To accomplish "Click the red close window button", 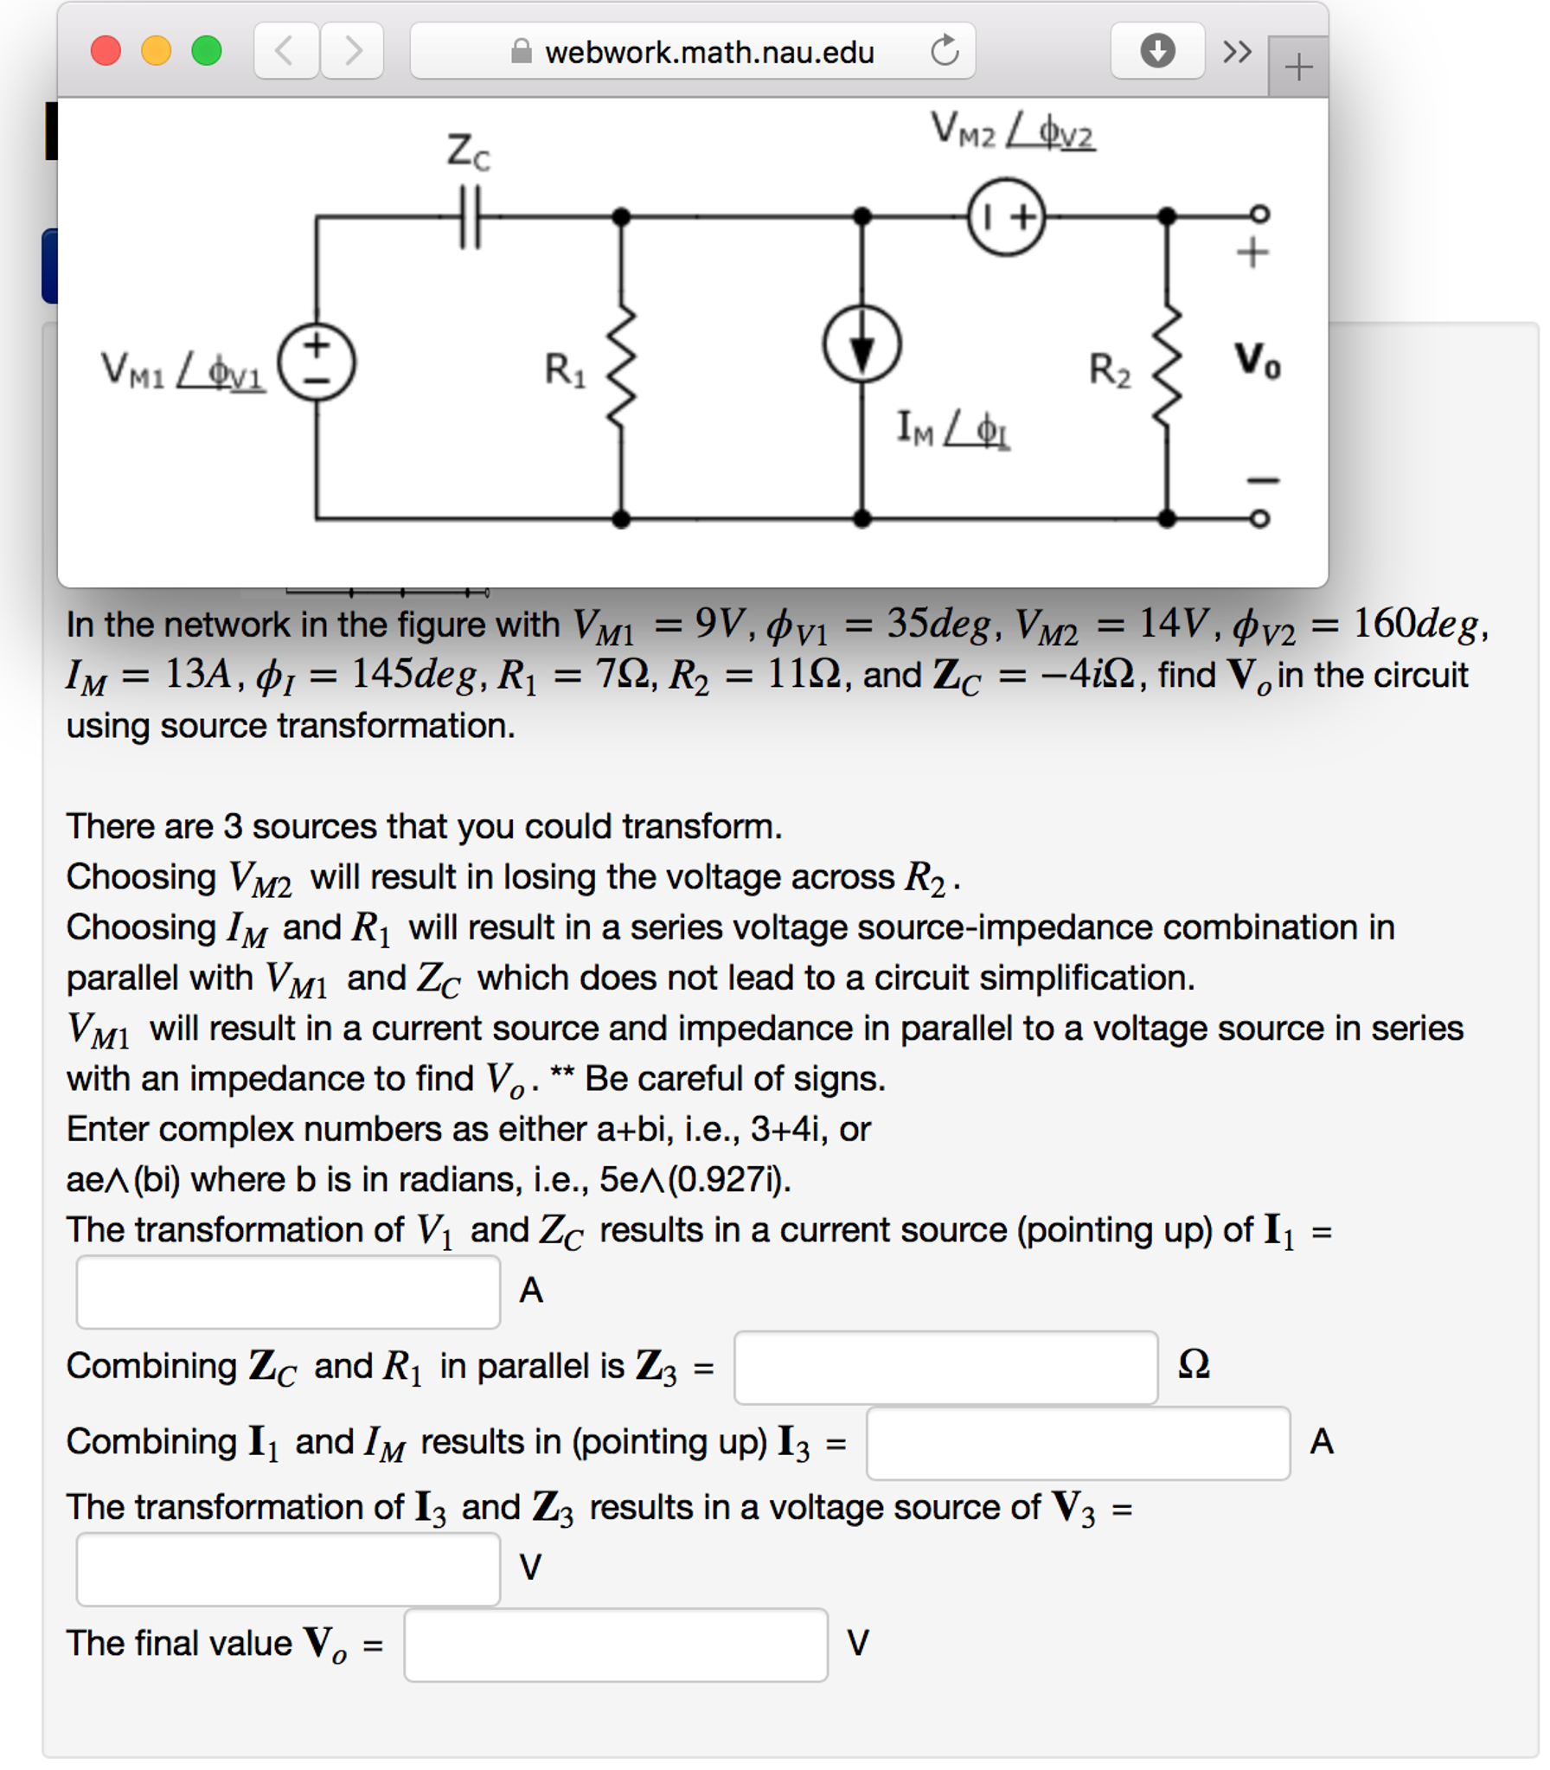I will tap(106, 50).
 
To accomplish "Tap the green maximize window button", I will tap(206, 50).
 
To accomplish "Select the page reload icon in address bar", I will tap(945, 51).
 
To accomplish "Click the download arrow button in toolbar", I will tap(1156, 51).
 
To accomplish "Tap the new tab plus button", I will tap(1297, 67).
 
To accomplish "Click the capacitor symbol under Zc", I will tap(470, 216).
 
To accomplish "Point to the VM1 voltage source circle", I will tap(317, 362).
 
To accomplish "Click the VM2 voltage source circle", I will tap(1006, 216).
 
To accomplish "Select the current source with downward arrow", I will tap(861, 344).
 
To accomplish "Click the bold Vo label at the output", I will tap(1257, 360).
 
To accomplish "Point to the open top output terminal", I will tap(1260, 213).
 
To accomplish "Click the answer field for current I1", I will tap(288, 1291).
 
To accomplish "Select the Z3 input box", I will tap(945, 1367).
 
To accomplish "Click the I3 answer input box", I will tap(1078, 1442).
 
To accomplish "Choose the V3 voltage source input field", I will tap(288, 1568).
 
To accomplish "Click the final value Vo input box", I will tap(616, 1644).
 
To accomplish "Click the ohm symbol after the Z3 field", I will tap(1194, 1365).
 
